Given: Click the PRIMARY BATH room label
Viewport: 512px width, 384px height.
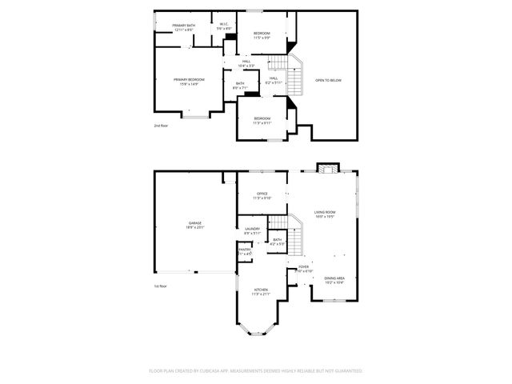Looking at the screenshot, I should pyautogui.click(x=184, y=27).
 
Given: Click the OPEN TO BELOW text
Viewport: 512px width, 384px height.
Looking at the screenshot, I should pyautogui.click(x=329, y=80).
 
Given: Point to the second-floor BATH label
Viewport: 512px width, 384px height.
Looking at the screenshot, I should pyautogui.click(x=240, y=85).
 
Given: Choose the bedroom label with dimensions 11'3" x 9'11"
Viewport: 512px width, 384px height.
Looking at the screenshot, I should pyautogui.click(x=262, y=121).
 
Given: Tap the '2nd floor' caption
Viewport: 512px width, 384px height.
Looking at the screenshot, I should pyautogui.click(x=162, y=126).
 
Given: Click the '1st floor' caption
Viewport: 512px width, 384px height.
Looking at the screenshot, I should pyautogui.click(x=161, y=286).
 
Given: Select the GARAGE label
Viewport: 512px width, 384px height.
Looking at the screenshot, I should pyautogui.click(x=194, y=225).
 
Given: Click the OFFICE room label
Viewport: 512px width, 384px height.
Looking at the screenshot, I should pyautogui.click(x=262, y=195).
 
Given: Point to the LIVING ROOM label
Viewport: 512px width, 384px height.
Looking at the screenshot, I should pyautogui.click(x=324, y=214).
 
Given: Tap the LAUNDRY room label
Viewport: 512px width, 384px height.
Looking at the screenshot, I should pyautogui.click(x=252, y=231).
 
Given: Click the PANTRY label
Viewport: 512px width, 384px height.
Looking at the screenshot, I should pyautogui.click(x=245, y=251).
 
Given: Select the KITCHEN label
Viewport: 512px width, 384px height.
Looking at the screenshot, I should pyautogui.click(x=262, y=291).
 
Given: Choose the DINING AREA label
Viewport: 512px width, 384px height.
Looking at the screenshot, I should pyautogui.click(x=334, y=280).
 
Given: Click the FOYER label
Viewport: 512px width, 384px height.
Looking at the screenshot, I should pyautogui.click(x=304, y=269).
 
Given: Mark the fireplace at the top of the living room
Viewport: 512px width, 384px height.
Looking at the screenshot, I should pyautogui.click(x=326, y=167).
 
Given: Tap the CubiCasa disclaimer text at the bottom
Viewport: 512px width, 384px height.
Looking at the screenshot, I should pyautogui.click(x=256, y=370).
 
